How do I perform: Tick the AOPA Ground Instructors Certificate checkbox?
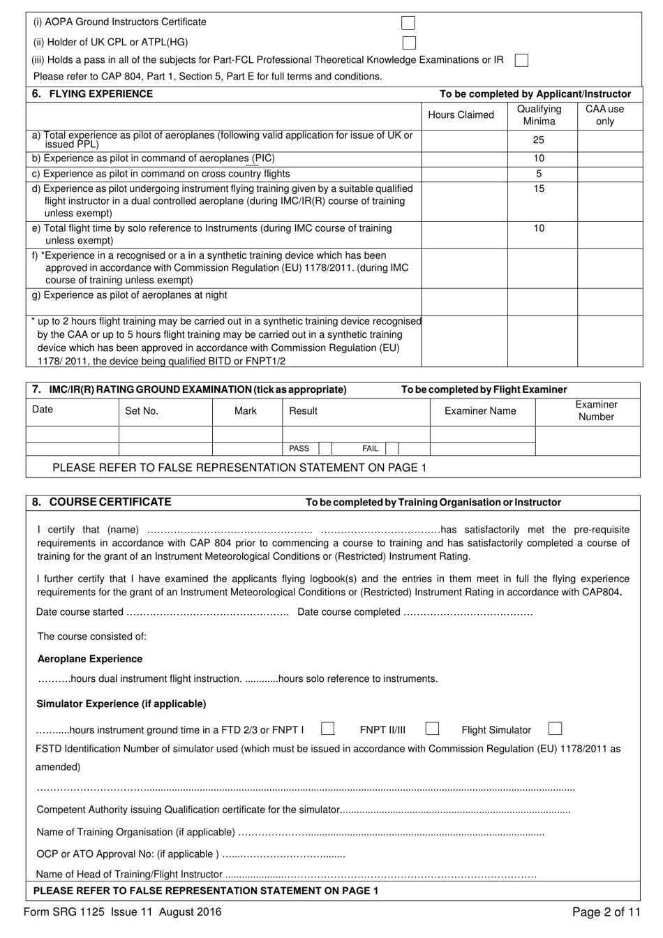(408, 23)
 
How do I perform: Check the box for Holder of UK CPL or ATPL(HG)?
(409, 43)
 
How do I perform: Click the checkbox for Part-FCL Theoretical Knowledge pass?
(521, 61)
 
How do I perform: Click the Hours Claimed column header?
(461, 115)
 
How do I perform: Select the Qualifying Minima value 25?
(539, 140)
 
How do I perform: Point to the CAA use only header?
(604, 115)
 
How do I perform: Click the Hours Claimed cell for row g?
(464, 301)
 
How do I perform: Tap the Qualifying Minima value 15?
(539, 189)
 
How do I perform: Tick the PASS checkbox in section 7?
(325, 449)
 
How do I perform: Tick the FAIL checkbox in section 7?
(392, 449)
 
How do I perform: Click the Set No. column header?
(142, 411)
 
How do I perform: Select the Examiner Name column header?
(480, 411)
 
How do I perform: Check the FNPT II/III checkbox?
(432, 729)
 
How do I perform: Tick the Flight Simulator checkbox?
(555, 729)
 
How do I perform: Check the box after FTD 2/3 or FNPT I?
(327, 729)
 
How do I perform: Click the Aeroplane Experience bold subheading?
(89, 659)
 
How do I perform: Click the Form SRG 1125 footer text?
(122, 911)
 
